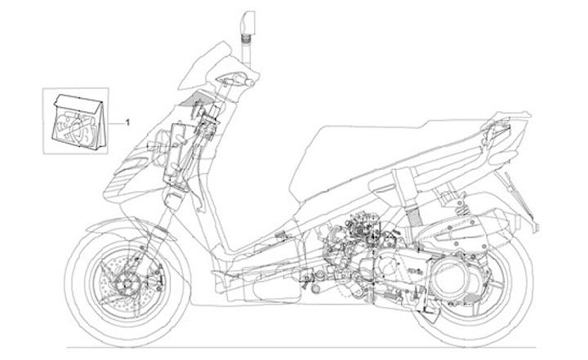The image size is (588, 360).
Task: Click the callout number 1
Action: tap(128, 122)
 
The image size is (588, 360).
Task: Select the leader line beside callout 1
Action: tap(117, 122)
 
